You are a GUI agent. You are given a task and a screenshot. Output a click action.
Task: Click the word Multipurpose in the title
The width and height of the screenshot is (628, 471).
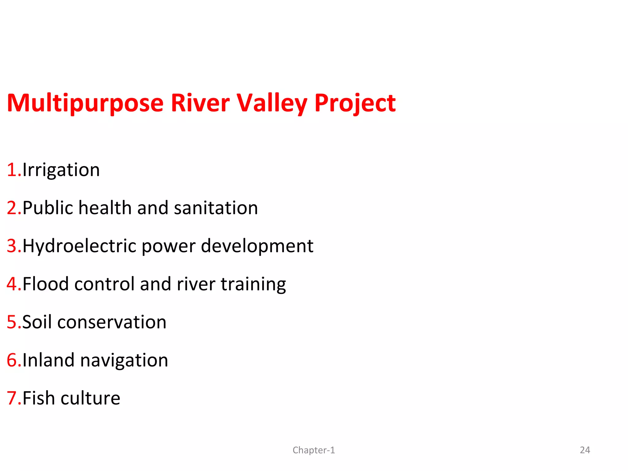coord(85,104)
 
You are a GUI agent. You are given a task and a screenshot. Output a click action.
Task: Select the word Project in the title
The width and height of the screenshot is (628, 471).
coord(355,104)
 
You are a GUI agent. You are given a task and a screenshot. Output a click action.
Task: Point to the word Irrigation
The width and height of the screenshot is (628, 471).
coord(61,170)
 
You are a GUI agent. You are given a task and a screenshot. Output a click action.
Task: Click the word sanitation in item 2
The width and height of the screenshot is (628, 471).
coord(216,208)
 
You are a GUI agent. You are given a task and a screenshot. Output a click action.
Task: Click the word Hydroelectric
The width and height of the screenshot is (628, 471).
coord(79,246)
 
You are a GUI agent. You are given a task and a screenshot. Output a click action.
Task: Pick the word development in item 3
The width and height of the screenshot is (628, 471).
coord(257,246)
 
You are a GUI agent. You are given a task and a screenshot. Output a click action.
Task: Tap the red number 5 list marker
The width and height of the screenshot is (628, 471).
coord(12,322)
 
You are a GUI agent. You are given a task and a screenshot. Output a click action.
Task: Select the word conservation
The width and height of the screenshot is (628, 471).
coord(112,322)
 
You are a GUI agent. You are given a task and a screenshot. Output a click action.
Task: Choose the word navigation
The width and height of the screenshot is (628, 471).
coord(124,361)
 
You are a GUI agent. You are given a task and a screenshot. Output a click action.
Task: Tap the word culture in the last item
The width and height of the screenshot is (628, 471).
coord(90,398)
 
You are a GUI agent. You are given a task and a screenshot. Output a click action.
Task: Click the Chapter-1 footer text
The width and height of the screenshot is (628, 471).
coord(314,450)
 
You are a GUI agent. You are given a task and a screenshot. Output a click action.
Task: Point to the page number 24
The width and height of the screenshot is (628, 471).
coord(585,450)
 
